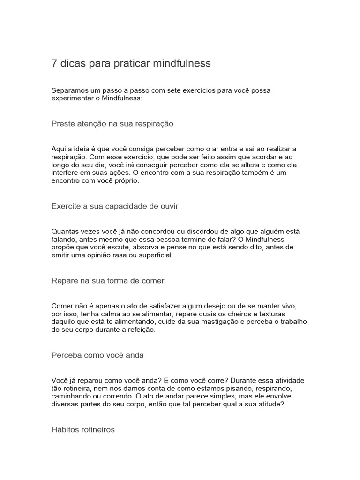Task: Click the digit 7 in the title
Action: tap(54, 63)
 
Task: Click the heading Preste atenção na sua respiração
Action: tap(112, 124)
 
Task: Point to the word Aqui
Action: tap(59, 149)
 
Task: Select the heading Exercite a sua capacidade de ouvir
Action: tap(115, 206)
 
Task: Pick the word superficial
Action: tap(152, 255)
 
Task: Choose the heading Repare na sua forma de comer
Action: tap(108, 281)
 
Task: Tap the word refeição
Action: tap(139, 330)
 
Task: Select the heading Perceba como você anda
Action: tap(97, 355)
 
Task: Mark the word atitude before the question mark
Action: tap(265, 405)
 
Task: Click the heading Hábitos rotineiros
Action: tap(83, 430)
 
